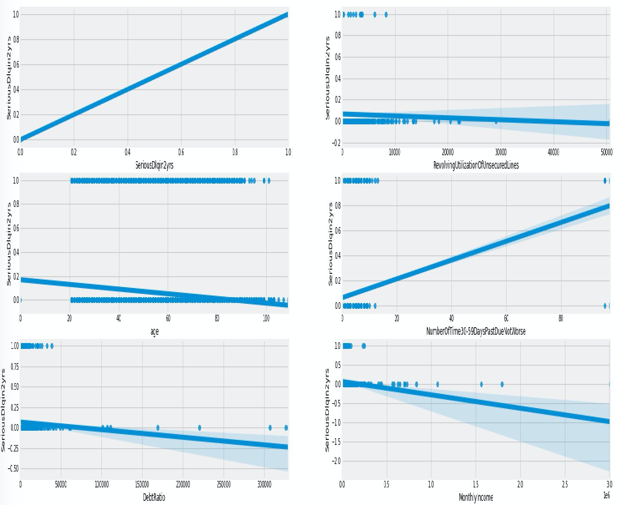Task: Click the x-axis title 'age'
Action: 154,331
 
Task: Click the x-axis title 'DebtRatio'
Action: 154,497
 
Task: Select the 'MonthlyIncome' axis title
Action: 476,497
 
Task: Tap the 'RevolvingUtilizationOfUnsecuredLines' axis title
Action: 476,165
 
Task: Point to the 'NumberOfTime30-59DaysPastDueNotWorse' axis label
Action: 476,331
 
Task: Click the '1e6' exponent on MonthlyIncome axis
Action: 607,495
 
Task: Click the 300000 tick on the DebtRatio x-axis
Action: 264,485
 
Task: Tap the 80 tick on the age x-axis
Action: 217,318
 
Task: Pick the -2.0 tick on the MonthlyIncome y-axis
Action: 336,461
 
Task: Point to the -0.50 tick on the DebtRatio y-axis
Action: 13,468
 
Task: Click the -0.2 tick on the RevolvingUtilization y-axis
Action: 336,143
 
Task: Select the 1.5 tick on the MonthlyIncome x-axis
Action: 476,485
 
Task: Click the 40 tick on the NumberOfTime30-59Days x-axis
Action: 451,318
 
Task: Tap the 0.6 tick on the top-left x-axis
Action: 181,152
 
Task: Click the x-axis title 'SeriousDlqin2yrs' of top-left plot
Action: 154,165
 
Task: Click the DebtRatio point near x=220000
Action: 199,427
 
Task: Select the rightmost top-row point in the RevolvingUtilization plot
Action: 386,15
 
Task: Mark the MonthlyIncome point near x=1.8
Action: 502,384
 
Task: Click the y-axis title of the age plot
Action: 9,244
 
